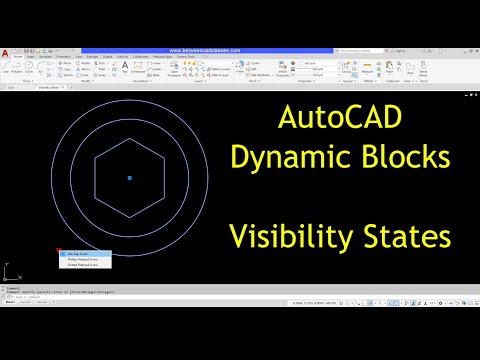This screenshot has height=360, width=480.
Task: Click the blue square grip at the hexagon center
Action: tap(129, 178)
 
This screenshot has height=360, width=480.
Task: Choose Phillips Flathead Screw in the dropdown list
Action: tap(85, 259)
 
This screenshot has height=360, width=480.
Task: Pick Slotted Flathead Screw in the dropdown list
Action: tap(85, 265)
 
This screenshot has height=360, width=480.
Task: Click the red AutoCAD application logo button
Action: tap(6, 56)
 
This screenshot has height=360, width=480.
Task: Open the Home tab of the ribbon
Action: tap(18, 56)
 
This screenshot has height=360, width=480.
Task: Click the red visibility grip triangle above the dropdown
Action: tap(61, 250)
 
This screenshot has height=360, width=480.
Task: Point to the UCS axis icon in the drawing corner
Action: tap(8, 273)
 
